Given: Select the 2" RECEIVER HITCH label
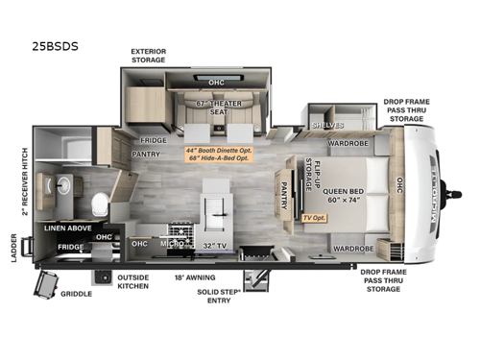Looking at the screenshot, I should (x=25, y=182).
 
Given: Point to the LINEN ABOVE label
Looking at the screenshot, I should (x=66, y=228).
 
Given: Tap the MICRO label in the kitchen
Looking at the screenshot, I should (x=172, y=245).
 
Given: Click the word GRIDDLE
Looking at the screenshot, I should (x=76, y=294).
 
